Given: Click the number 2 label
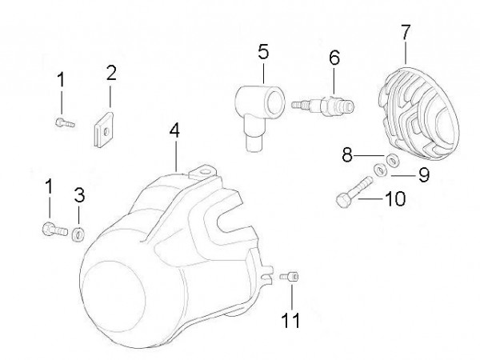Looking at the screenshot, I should [x=111, y=74].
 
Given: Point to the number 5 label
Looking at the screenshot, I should [x=263, y=54].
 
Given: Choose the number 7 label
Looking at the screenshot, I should [x=406, y=33].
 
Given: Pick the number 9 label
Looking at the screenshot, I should [x=422, y=174].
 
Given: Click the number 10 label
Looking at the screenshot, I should [x=396, y=198].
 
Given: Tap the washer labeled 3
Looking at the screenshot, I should [x=78, y=234].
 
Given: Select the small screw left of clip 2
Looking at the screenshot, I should [x=63, y=122].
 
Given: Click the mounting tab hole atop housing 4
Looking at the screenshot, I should [x=205, y=169].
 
